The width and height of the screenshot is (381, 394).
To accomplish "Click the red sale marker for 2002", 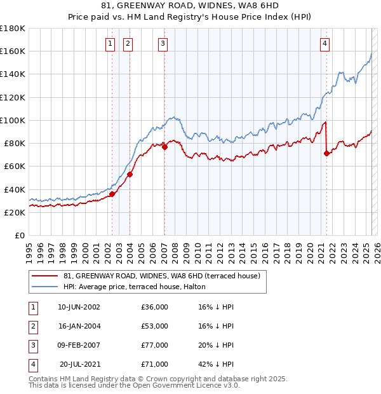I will [112, 194].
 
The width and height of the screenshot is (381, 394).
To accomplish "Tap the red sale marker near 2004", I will [130, 174].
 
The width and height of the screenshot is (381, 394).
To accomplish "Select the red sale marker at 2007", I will [164, 147].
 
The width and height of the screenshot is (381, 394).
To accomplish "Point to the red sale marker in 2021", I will [326, 153].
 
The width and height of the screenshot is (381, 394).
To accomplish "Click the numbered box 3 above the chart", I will [163, 43].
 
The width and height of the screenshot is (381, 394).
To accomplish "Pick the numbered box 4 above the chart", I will [324, 43].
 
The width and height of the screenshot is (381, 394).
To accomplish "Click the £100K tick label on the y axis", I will [13, 120].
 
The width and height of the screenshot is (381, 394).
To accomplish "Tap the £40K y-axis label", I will [15, 189].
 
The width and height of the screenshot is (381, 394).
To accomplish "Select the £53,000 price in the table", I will [155, 326].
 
